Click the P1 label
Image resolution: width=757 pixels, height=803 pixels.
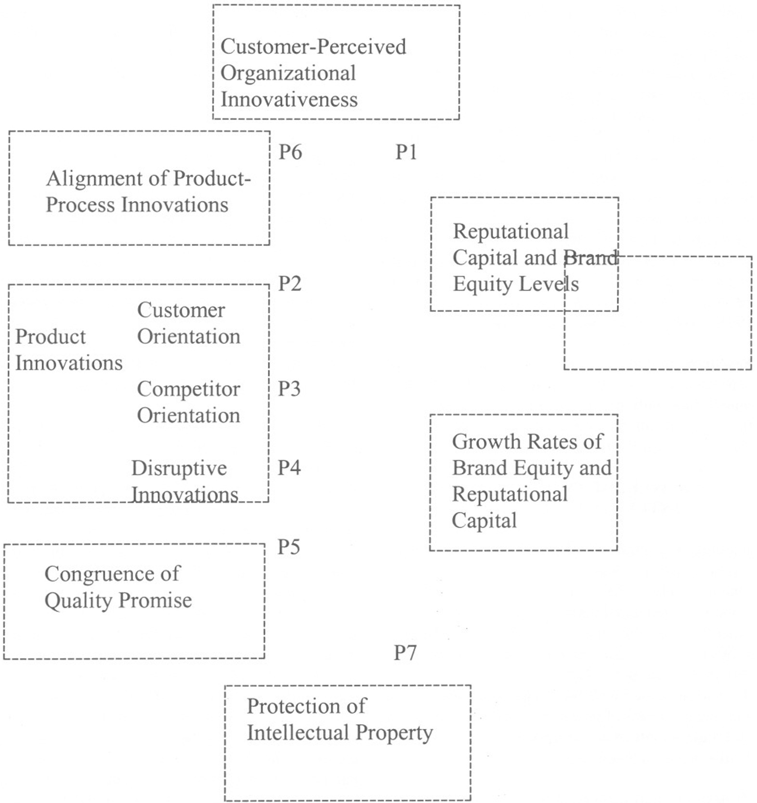point(406,152)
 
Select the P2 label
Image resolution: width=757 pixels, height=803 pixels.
point(290,284)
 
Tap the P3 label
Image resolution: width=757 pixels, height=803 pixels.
point(289,389)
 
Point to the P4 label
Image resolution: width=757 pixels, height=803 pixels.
point(289,468)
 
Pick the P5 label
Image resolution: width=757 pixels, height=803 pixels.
point(288,547)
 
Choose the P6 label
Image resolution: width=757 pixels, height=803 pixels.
point(290,152)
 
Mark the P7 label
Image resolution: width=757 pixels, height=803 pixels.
point(405,653)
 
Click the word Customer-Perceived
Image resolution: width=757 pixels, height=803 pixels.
point(313,47)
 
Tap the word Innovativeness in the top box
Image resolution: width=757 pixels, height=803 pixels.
point(289,100)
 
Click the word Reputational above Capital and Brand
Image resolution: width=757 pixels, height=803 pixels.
point(510,231)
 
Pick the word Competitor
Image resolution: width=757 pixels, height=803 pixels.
point(188,389)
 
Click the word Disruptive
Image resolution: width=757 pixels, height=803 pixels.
point(179,468)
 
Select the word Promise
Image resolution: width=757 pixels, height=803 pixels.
point(155,600)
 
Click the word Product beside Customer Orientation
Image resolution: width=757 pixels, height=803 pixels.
point(50,337)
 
